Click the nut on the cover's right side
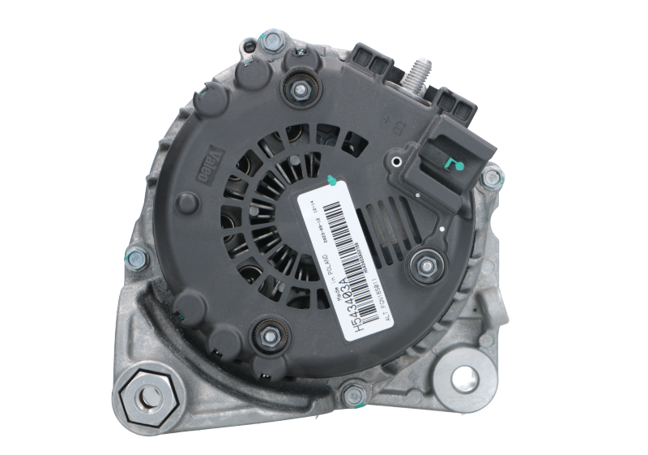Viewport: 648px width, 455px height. pos(426,261)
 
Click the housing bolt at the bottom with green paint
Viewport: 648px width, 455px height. pos(351,396)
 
